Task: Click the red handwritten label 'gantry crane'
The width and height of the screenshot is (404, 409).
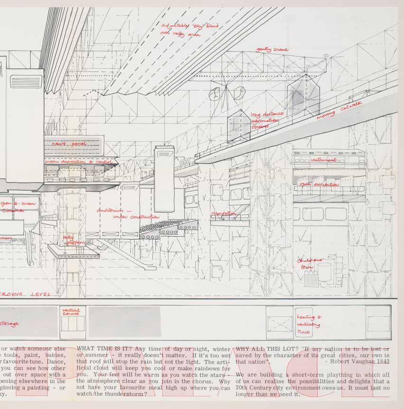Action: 272,49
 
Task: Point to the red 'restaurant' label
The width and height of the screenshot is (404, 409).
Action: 324,161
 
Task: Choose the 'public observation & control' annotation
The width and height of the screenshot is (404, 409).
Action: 79,162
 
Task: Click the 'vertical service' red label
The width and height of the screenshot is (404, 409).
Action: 72,312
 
